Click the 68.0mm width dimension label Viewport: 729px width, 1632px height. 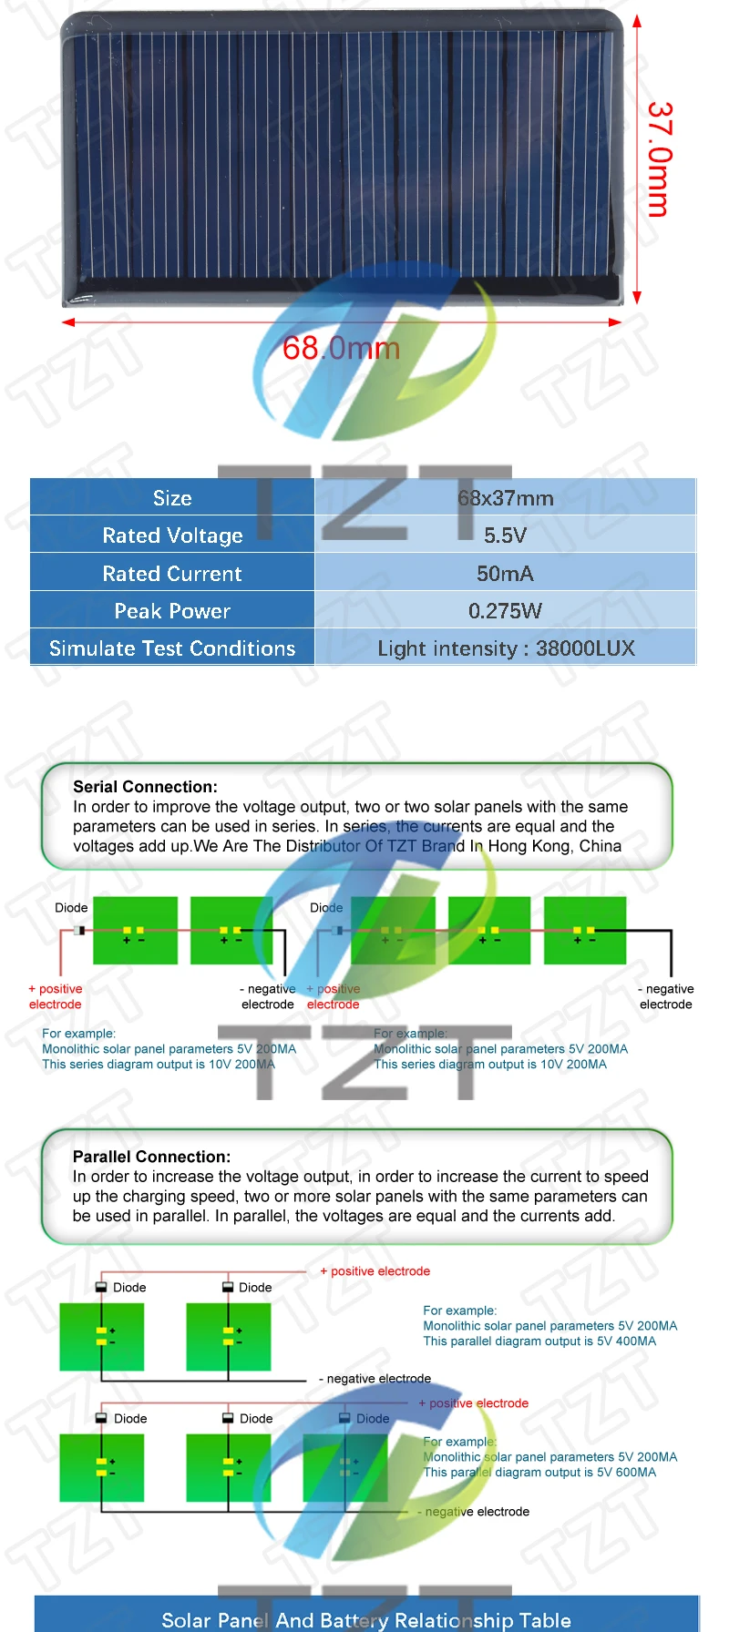click(x=341, y=348)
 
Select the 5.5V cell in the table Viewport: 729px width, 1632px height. click(x=505, y=535)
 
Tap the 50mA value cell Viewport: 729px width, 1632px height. click(x=505, y=574)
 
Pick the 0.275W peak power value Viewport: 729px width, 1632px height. click(x=505, y=611)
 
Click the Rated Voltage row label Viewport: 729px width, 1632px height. click(x=172, y=535)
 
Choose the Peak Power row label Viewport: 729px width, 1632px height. click(x=172, y=611)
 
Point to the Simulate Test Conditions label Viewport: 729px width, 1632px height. click(x=172, y=648)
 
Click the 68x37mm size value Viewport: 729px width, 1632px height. click(x=505, y=498)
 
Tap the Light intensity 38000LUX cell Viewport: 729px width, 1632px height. click(x=506, y=648)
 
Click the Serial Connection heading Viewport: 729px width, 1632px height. click(x=145, y=787)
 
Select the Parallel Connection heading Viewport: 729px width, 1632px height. click(x=151, y=1157)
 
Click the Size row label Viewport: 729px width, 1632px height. click(x=172, y=498)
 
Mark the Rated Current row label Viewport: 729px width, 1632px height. click(x=172, y=574)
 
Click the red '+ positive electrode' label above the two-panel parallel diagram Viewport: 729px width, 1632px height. click(x=375, y=1271)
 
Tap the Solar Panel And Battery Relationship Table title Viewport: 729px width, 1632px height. click(x=366, y=1620)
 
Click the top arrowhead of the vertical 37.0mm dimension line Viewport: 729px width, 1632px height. click(x=637, y=21)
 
